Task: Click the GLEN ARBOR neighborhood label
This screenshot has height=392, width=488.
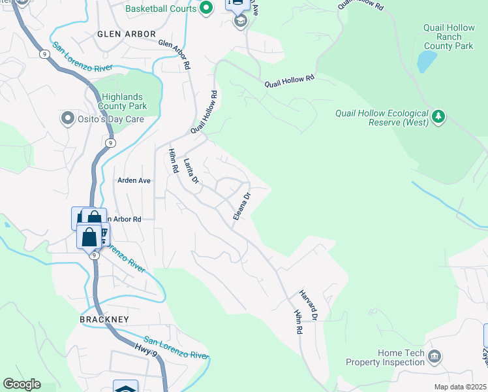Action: [x=127, y=34]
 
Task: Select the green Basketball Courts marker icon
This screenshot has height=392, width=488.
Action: [x=207, y=8]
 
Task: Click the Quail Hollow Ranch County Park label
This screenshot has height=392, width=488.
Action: [x=448, y=37]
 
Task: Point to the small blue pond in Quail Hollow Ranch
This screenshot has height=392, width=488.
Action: [x=427, y=61]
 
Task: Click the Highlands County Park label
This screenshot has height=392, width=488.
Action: [x=123, y=101]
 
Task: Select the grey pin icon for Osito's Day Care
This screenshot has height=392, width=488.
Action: [x=66, y=118]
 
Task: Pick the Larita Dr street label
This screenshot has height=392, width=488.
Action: [x=191, y=171]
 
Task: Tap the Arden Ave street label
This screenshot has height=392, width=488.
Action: [x=134, y=180]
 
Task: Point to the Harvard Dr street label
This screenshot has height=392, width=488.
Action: [x=308, y=304]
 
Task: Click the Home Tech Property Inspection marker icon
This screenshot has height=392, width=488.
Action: [x=435, y=357]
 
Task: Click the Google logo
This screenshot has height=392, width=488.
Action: [x=22, y=384]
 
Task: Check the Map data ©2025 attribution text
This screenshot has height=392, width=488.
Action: [x=461, y=387]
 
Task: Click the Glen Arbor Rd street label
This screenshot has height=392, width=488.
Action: [x=174, y=54]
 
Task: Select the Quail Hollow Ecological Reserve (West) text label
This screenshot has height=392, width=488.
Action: [x=382, y=117]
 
